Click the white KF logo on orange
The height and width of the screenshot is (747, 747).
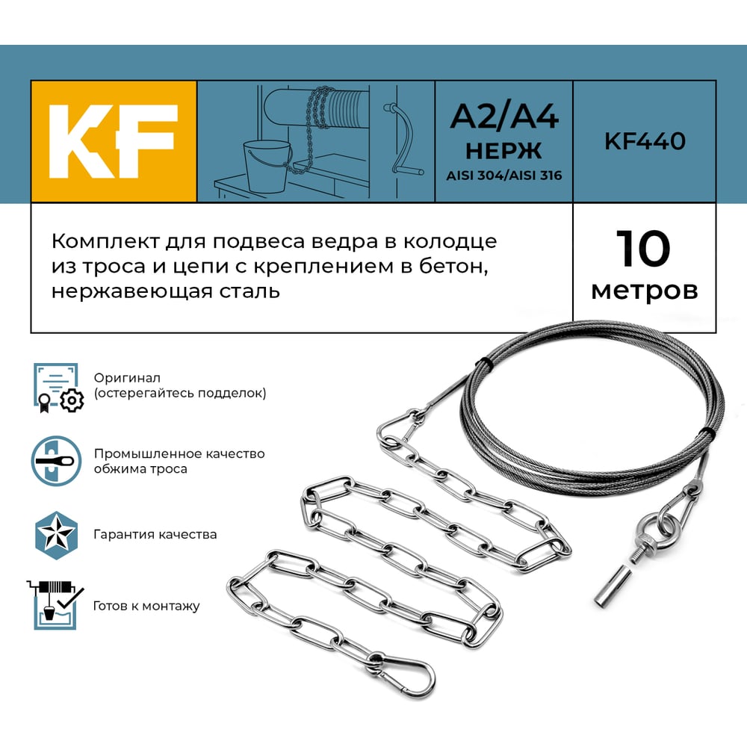(x=113, y=141)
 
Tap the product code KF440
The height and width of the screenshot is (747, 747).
(x=645, y=141)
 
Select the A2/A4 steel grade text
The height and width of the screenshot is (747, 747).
(x=504, y=117)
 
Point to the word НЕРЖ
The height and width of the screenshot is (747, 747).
(x=503, y=151)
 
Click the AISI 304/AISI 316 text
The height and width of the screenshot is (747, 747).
(x=504, y=176)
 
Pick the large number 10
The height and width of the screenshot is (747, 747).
(x=643, y=248)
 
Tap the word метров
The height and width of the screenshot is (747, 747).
(x=645, y=290)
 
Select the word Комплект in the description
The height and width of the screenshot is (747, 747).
(x=106, y=241)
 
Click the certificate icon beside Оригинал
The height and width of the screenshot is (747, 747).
(x=58, y=388)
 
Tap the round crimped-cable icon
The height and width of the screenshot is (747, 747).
(x=56, y=461)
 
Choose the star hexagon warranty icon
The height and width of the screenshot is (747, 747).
(x=56, y=535)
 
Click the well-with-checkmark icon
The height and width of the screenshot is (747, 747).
(x=55, y=604)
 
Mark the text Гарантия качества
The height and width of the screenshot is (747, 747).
(x=155, y=535)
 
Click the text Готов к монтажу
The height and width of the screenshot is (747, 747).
(x=146, y=606)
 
